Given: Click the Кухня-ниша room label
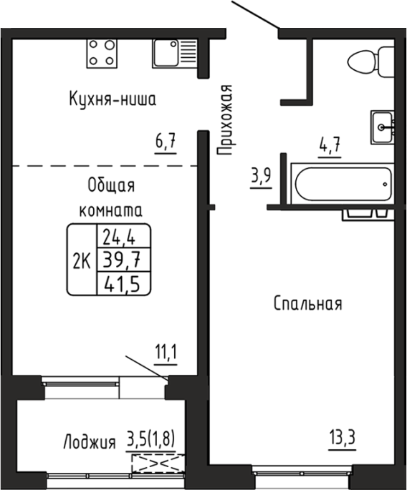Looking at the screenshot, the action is coord(112,99).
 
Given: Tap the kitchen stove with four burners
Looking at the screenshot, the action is coord(102,54).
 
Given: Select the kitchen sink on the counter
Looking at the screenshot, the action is coord(175,54).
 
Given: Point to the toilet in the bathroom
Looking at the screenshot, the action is coord(371,62).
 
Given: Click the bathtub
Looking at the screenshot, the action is coord(343,183).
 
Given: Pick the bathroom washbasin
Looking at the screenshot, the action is coord(383,127).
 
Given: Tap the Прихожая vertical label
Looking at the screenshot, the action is coord(225,120).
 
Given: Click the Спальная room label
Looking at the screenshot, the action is coord(308,304).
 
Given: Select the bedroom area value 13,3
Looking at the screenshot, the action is coord(343,438).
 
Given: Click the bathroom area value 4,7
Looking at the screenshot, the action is coord(330,146).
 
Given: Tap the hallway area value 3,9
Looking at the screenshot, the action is coord(261,177).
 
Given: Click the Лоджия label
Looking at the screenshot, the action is coord(90,443).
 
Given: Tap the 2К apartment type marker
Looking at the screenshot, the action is coord(82,261).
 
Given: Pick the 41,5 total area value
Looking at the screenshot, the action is coord(123,284).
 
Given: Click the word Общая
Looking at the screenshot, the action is coord(112,186).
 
